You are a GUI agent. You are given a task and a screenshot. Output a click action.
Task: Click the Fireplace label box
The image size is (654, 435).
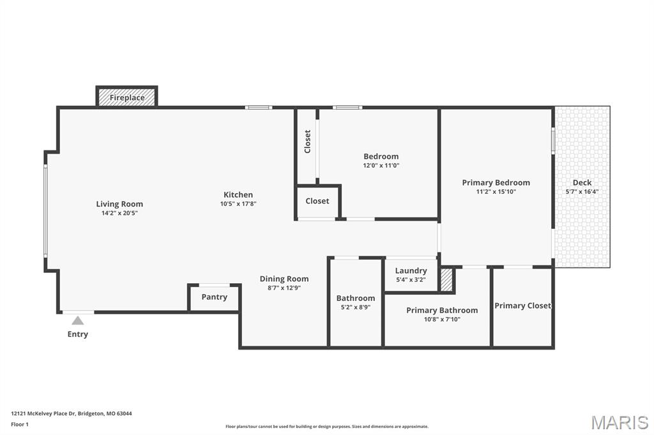(127, 98)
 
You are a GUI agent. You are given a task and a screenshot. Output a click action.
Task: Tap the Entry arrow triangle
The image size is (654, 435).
(77, 321)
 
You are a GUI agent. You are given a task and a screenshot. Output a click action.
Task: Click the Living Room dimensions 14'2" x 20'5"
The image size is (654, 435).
(119, 213)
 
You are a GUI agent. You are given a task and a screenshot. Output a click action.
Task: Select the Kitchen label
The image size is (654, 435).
(238, 195)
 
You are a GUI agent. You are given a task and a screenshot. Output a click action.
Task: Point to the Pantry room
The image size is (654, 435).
(215, 297)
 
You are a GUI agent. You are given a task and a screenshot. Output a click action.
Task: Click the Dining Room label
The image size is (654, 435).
(284, 279)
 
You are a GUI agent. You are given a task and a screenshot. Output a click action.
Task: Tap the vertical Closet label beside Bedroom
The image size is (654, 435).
(307, 142)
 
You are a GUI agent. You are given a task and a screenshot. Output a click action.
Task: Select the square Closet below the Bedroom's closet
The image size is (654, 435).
(317, 201)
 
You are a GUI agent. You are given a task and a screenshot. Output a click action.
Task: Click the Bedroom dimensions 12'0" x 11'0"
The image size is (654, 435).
(381, 165)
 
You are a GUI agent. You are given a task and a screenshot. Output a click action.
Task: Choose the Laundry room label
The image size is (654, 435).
(411, 270)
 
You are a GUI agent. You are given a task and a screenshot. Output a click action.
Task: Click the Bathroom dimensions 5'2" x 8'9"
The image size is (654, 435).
(356, 307)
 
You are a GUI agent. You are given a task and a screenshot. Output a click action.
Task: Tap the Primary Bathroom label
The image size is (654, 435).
(442, 311)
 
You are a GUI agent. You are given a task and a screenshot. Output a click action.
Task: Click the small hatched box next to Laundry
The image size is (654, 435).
(446, 280)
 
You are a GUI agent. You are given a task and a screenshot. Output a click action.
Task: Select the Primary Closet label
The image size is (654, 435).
(522, 306)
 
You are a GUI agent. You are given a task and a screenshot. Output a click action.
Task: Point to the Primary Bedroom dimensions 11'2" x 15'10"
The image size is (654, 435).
(496, 191)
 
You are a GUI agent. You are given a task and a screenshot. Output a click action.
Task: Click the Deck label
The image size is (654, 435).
(582, 182)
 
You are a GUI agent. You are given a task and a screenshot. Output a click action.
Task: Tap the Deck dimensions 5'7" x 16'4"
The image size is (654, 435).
(582, 191)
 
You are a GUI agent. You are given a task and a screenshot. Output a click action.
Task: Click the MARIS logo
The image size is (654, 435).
(620, 422)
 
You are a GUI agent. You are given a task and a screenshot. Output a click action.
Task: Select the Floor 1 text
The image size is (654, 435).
(20, 424)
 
